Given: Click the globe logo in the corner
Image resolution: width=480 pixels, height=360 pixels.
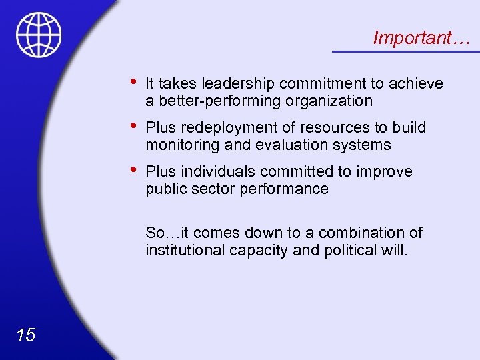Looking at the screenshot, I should tap(39, 35).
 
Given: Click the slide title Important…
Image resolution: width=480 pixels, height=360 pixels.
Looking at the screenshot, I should tap(421, 38).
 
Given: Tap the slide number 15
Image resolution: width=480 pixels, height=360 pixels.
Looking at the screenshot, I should tap(26, 335).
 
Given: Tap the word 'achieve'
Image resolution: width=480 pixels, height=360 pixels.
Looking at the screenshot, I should tap(416, 83).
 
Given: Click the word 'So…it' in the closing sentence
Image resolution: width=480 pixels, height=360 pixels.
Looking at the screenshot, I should tap(163, 233).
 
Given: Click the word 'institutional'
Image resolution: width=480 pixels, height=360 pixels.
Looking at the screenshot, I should tap(185, 251).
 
